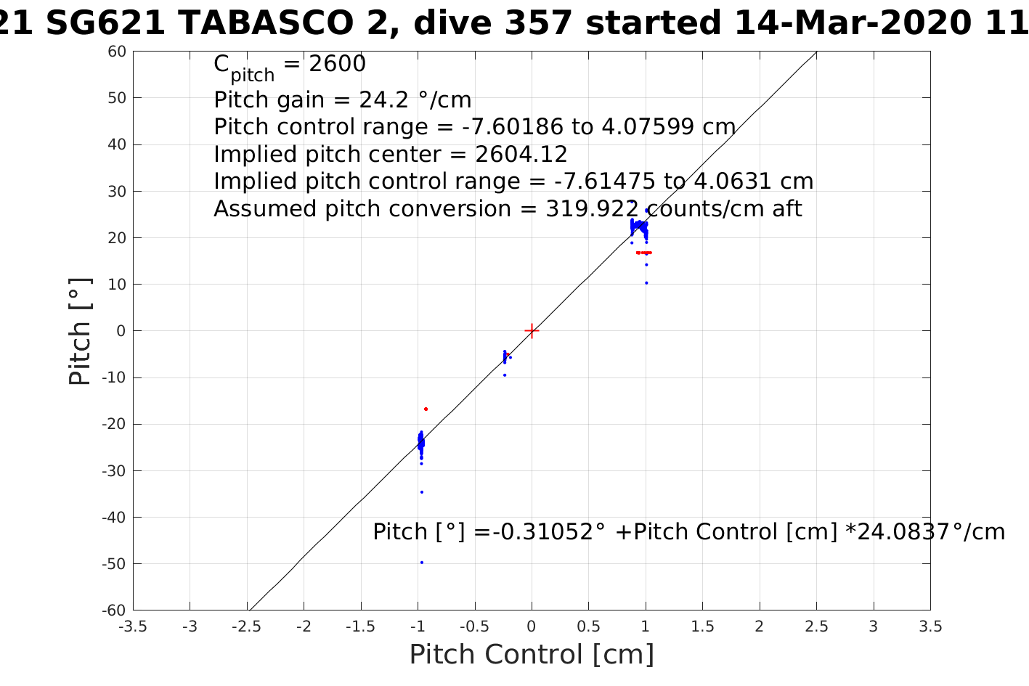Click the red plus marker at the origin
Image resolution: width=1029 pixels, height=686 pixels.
pyautogui.click(x=532, y=330)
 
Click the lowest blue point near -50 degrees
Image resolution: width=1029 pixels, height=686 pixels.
pyautogui.click(x=421, y=562)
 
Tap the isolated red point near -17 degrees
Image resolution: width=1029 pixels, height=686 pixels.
pyautogui.click(x=426, y=409)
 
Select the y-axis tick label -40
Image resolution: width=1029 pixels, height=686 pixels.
pyautogui.click(x=113, y=517)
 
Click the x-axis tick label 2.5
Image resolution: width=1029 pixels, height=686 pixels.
pyautogui.click(x=816, y=626)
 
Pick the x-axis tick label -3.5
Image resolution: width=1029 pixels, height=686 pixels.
pyautogui.click(x=132, y=626)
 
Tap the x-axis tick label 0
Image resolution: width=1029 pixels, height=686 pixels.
pyautogui.click(x=532, y=626)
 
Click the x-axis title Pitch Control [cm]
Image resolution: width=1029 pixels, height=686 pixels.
pyautogui.click(x=532, y=655)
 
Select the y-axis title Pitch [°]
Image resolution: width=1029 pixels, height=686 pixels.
pyautogui.click(x=80, y=331)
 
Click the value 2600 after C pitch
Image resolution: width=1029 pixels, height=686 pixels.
pyautogui.click(x=337, y=65)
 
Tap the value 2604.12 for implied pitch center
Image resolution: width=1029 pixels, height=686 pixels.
pyautogui.click(x=521, y=155)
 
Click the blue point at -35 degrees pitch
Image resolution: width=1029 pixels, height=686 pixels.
pyautogui.click(x=421, y=492)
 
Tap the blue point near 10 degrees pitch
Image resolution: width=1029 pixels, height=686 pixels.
pyautogui.click(x=646, y=283)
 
